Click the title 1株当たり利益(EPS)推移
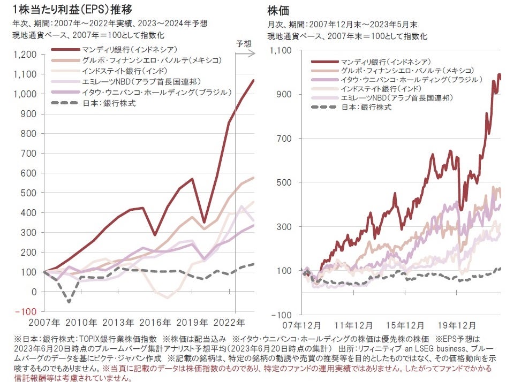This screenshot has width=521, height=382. pyautogui.click(x=72, y=10)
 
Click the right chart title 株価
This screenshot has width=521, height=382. pyautogui.click(x=275, y=10)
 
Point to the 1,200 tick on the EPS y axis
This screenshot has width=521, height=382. pyautogui.click(x=26, y=54)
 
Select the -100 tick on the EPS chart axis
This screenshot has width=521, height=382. pyautogui.click(x=27, y=311)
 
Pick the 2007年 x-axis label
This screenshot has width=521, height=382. pyautogui.click(x=44, y=323)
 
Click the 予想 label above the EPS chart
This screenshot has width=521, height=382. pyautogui.click(x=244, y=43)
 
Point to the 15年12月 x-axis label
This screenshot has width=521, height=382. pyautogui.click(x=412, y=325)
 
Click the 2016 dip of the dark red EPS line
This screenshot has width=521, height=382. pyautogui.click(x=155, y=235)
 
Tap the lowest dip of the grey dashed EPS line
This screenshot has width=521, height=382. pyautogui.click(x=69, y=302)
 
